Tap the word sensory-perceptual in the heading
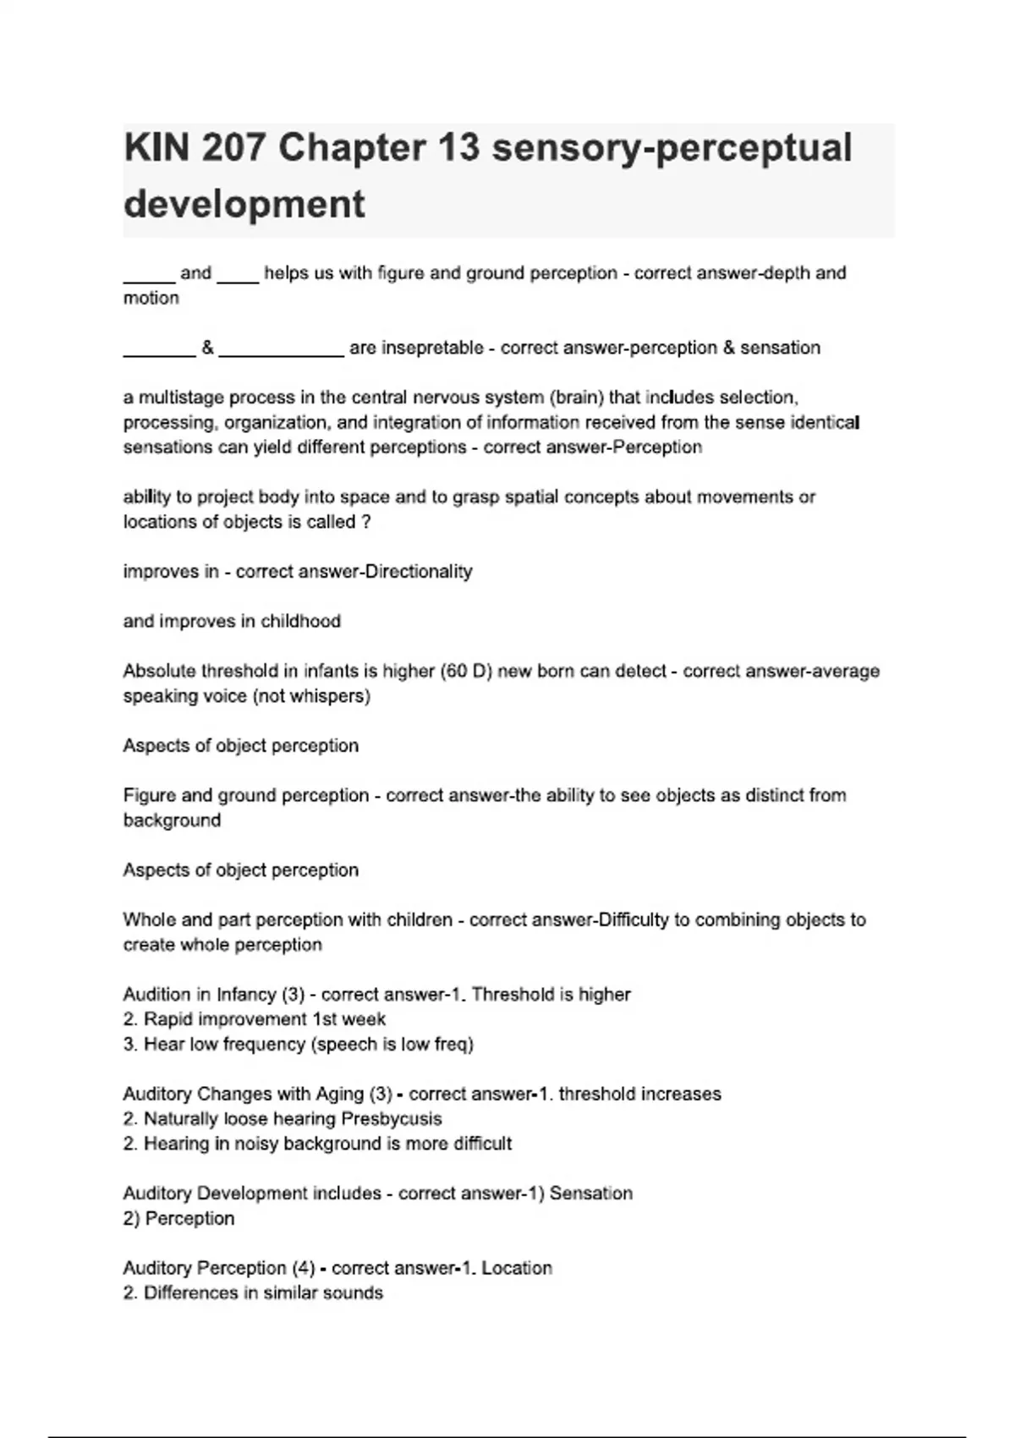coord(672,148)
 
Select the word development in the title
coord(244,204)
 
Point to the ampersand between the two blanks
coord(207,348)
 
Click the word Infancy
coord(247,995)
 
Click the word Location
coord(517,1268)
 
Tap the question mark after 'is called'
coord(365,522)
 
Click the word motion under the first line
coord(151,298)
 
